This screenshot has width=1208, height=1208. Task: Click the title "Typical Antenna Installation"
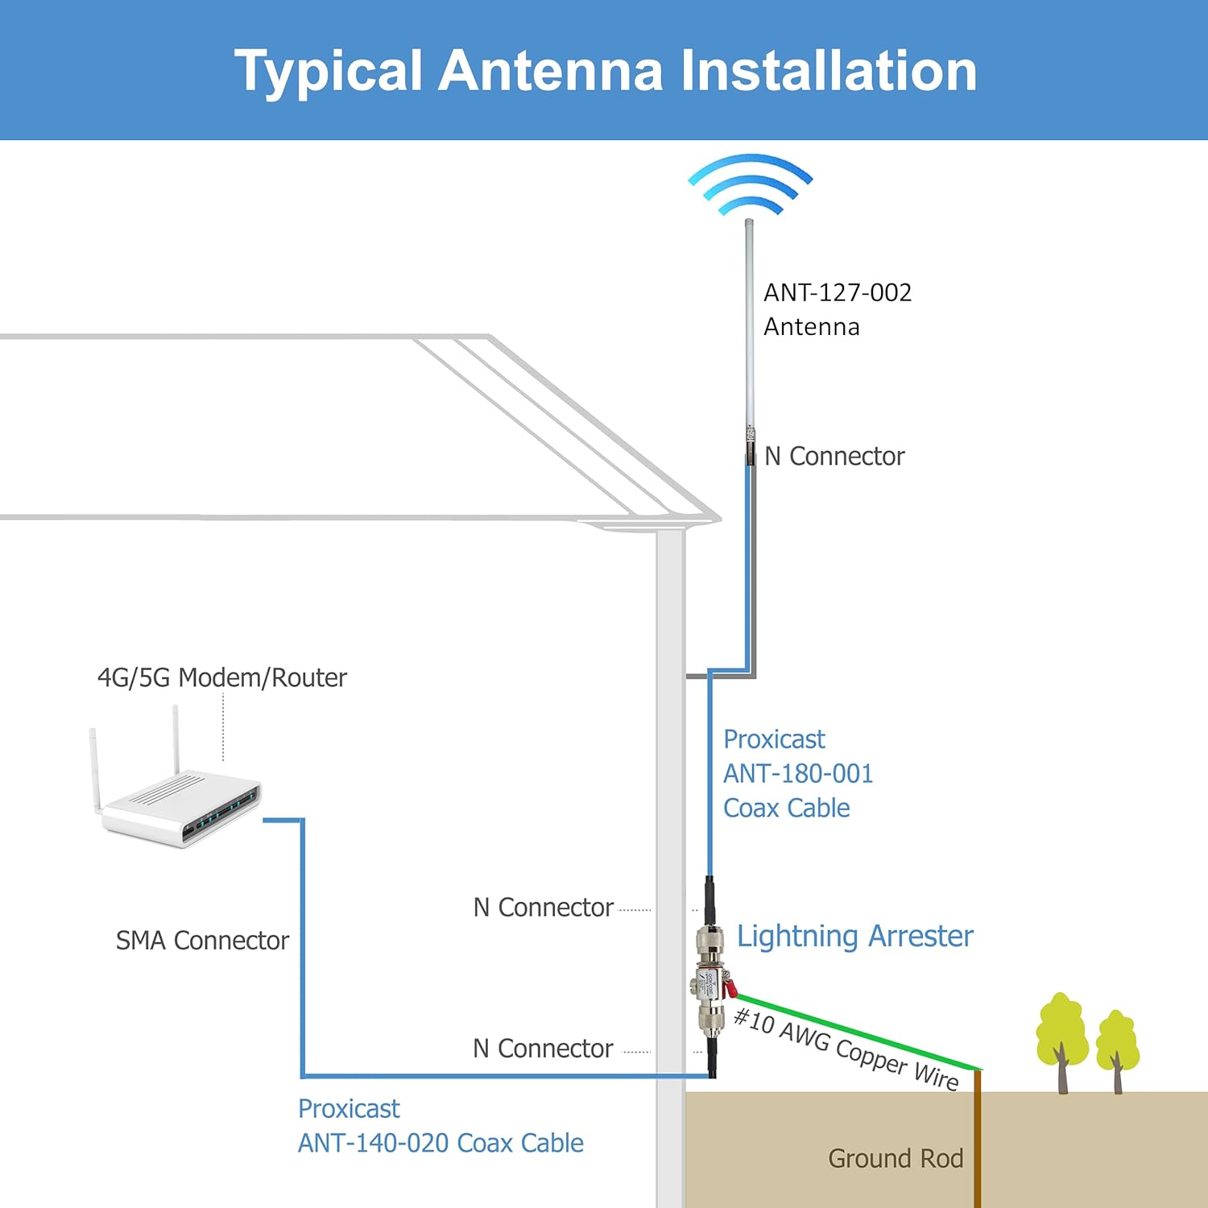point(606,72)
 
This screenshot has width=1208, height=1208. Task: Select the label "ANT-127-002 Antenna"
point(838,309)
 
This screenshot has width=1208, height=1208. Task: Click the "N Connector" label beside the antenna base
point(834,456)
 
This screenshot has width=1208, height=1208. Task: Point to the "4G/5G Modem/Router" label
point(221,677)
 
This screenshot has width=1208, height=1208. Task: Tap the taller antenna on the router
point(175,739)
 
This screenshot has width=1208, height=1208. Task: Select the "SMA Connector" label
point(202,940)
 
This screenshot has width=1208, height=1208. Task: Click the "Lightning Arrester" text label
point(855,936)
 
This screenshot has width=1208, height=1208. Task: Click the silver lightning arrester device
point(710,982)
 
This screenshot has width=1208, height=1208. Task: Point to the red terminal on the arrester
point(730,988)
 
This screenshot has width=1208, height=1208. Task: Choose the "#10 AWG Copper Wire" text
point(846,1049)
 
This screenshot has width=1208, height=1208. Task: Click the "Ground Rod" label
point(896,1158)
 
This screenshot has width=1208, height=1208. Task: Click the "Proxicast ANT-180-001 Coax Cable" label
point(797,773)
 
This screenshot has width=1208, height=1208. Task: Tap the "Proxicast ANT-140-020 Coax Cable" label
point(441,1126)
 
